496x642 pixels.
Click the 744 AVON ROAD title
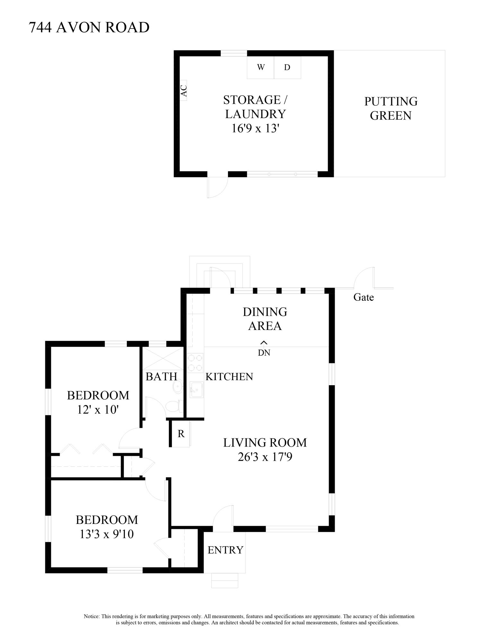pyautogui.click(x=89, y=28)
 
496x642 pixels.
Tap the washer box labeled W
pyautogui.click(x=260, y=67)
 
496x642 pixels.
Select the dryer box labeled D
pyautogui.click(x=287, y=67)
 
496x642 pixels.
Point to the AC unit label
pyautogui.click(x=184, y=91)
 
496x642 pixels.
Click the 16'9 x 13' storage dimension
pyautogui.click(x=255, y=128)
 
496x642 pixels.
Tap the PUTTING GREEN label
pyautogui.click(x=391, y=108)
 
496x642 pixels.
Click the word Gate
pyautogui.click(x=363, y=297)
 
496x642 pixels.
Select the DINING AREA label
pyautogui.click(x=265, y=319)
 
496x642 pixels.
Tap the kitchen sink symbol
pyautogui.click(x=196, y=390)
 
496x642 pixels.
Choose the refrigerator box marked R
pyautogui.click(x=181, y=434)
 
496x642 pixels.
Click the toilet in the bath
pyautogui.click(x=174, y=406)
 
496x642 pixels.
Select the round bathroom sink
pyautogui.click(x=177, y=387)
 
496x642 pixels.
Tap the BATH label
pyautogui.click(x=161, y=377)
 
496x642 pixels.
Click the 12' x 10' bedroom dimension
pyautogui.click(x=98, y=410)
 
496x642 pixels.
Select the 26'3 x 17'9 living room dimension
pyautogui.click(x=265, y=457)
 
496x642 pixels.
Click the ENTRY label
pyautogui.click(x=225, y=550)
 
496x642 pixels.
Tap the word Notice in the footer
pyautogui.click(x=91, y=616)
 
